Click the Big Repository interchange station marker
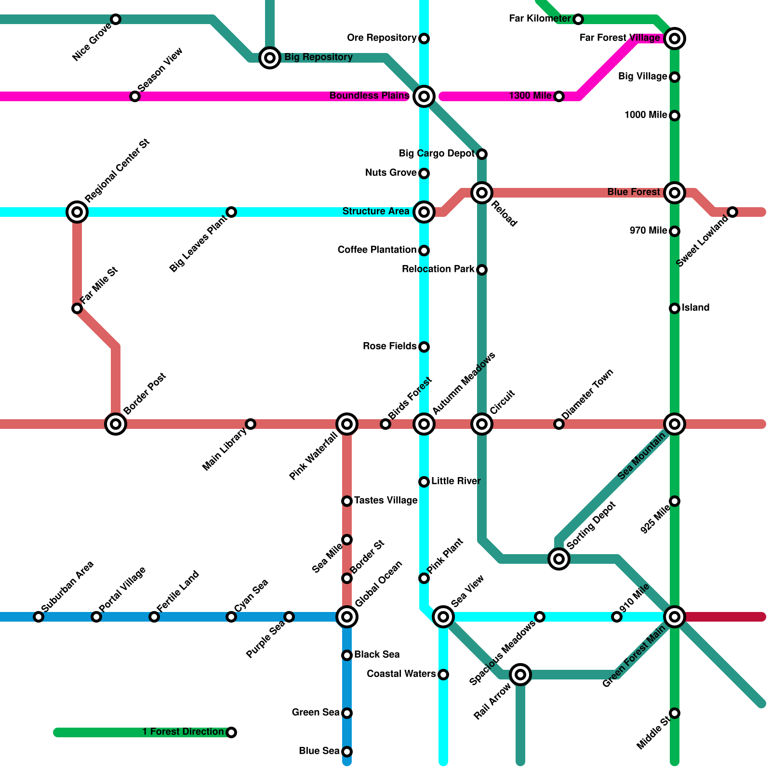coord(270,58)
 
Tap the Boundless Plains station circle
coord(424,96)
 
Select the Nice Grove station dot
coord(116,19)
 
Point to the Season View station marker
coord(135,96)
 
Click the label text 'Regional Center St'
coord(117,171)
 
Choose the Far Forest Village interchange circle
coord(675,39)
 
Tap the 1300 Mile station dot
coord(559,96)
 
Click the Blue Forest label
coord(633,192)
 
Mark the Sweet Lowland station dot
coord(732,212)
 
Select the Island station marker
coord(675,308)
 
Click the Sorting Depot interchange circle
coord(559,559)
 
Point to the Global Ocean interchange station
coord(347,617)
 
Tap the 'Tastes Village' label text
coord(385,501)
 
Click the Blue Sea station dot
coord(347,752)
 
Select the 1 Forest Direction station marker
coord(231,732)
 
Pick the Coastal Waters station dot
coord(443,675)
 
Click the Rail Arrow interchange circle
coord(520,675)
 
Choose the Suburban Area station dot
coord(39,617)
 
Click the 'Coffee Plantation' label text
coord(377,250)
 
